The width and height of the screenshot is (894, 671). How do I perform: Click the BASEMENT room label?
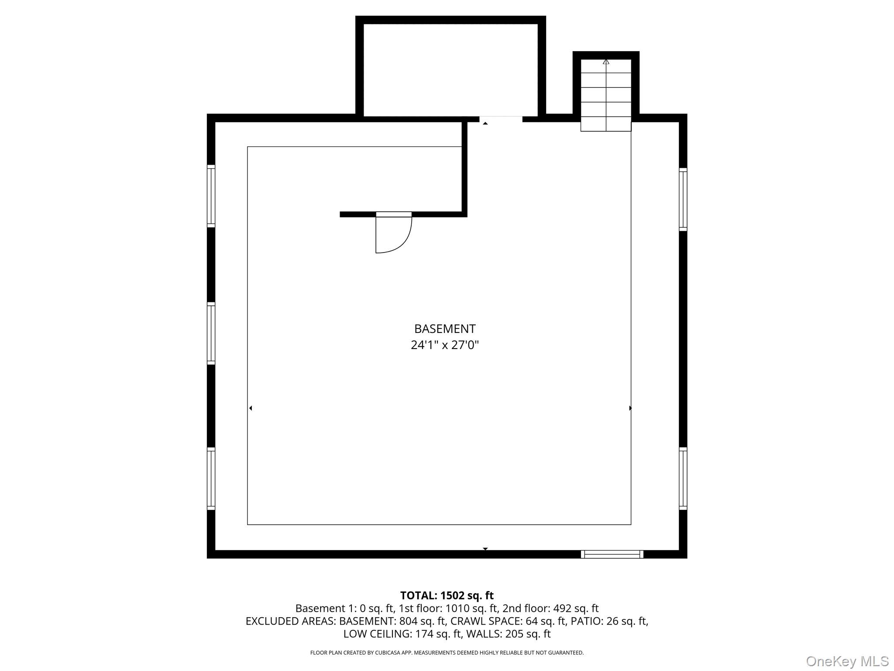tap(445, 329)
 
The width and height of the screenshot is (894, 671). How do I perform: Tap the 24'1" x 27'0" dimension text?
tap(445, 345)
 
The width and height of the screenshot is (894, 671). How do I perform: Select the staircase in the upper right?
tap(606, 95)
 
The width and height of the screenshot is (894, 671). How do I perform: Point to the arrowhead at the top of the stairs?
tap(606, 62)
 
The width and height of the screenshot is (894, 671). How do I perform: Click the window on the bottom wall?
tap(612, 554)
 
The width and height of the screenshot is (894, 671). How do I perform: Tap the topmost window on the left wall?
tap(211, 196)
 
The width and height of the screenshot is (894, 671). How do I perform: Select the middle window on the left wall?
tap(211, 333)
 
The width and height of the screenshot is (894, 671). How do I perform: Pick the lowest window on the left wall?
tap(211, 479)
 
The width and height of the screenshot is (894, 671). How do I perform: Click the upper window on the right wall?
tap(683, 199)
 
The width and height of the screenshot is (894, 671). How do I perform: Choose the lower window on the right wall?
tap(683, 478)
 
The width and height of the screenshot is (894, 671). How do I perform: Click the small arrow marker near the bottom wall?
tap(485, 549)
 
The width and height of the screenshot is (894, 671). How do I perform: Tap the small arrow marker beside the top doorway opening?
tap(485, 124)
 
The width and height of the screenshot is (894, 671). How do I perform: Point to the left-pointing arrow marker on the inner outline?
tap(251, 408)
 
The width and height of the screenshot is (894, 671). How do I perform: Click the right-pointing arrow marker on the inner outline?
tap(630, 408)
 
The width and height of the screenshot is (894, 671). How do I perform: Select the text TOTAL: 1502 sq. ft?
tap(447, 595)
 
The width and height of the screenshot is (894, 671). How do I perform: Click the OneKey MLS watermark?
tap(847, 661)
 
